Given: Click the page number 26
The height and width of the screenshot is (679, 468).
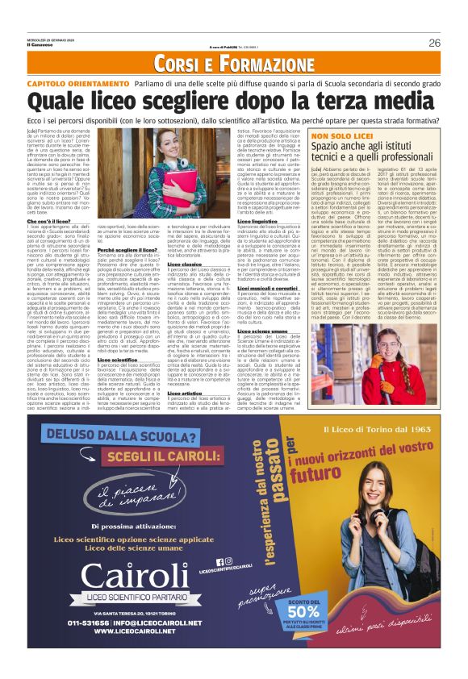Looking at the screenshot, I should point(434,43).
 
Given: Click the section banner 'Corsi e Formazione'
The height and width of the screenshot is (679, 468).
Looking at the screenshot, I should point(233,62).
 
